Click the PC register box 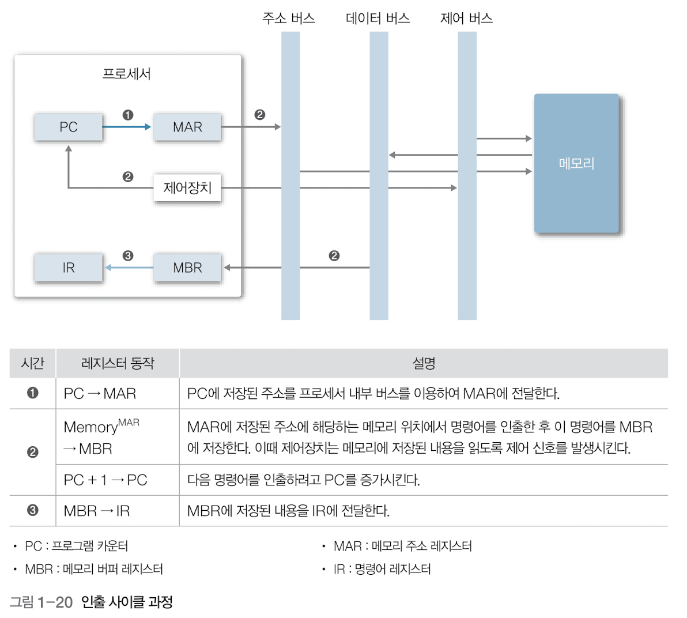point(69,127)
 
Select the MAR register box point(187,127)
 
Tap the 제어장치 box point(187,187)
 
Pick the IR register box point(69,267)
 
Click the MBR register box point(187,267)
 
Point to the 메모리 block point(576,164)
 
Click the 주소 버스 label point(289,18)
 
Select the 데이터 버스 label point(378,18)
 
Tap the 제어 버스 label point(466,18)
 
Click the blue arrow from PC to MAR point(127,127)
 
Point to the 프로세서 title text point(127,74)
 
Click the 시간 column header point(32,363)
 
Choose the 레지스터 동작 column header point(118,363)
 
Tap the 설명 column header point(424,363)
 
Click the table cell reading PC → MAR point(100,394)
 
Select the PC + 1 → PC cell point(105,480)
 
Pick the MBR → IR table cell point(97,511)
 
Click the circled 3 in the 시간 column point(33,510)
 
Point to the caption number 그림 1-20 point(41,602)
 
